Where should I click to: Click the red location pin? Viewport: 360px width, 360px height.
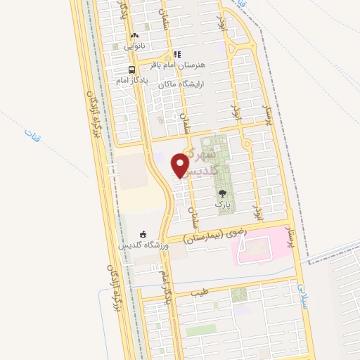pos(181,165)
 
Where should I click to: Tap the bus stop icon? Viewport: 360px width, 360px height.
pos(131,70)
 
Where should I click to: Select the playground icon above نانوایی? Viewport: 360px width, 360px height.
pos(134,35)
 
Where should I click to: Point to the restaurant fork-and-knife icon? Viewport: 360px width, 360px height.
pos(178,53)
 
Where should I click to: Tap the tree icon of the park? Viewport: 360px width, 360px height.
pos(222,193)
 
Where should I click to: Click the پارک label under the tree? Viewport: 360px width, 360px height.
pos(222,205)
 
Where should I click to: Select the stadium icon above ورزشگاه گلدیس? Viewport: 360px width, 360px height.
pos(143,233)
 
